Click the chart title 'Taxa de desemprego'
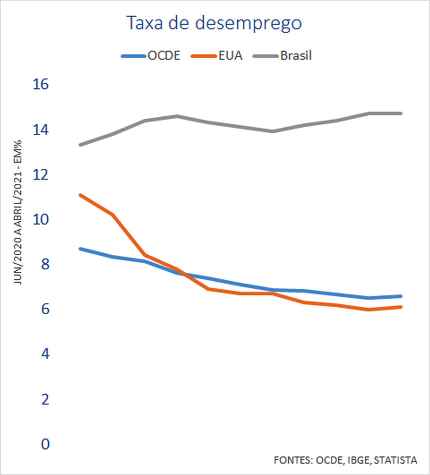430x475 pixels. (214, 23)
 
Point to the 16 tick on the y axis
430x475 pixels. (41, 84)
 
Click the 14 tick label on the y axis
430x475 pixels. (41, 130)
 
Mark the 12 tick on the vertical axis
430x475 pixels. (41, 175)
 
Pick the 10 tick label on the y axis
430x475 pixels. (41, 220)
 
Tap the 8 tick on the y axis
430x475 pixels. (45, 264)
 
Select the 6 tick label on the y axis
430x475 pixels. (45, 309)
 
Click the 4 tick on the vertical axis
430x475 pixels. (45, 354)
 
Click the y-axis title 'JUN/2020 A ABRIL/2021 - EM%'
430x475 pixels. (18, 212)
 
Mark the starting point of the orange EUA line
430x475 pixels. (81, 195)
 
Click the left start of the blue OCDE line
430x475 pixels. (81, 249)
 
